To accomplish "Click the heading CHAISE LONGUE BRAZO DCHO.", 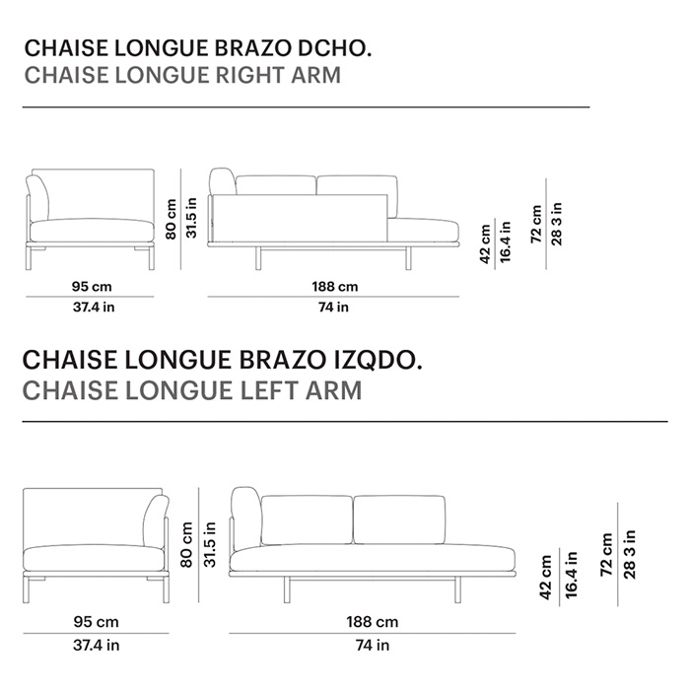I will tap(198, 48).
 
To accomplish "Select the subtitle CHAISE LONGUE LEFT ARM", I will tap(192, 390).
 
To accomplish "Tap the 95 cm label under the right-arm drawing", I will tap(92, 287).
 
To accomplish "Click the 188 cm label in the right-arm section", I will tap(334, 287).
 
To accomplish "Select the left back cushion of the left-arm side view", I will tap(306, 519).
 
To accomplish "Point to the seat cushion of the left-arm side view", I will tap(375, 557).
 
